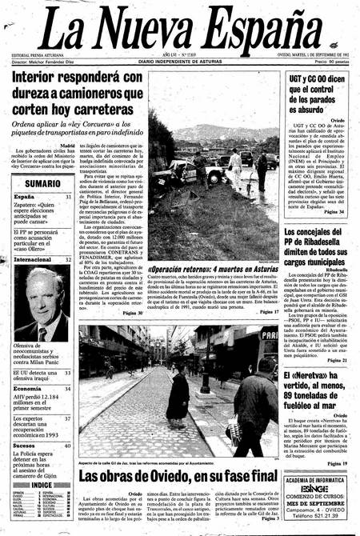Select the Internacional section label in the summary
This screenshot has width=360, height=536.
[31, 259]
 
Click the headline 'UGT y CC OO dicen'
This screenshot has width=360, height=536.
[313, 78]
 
